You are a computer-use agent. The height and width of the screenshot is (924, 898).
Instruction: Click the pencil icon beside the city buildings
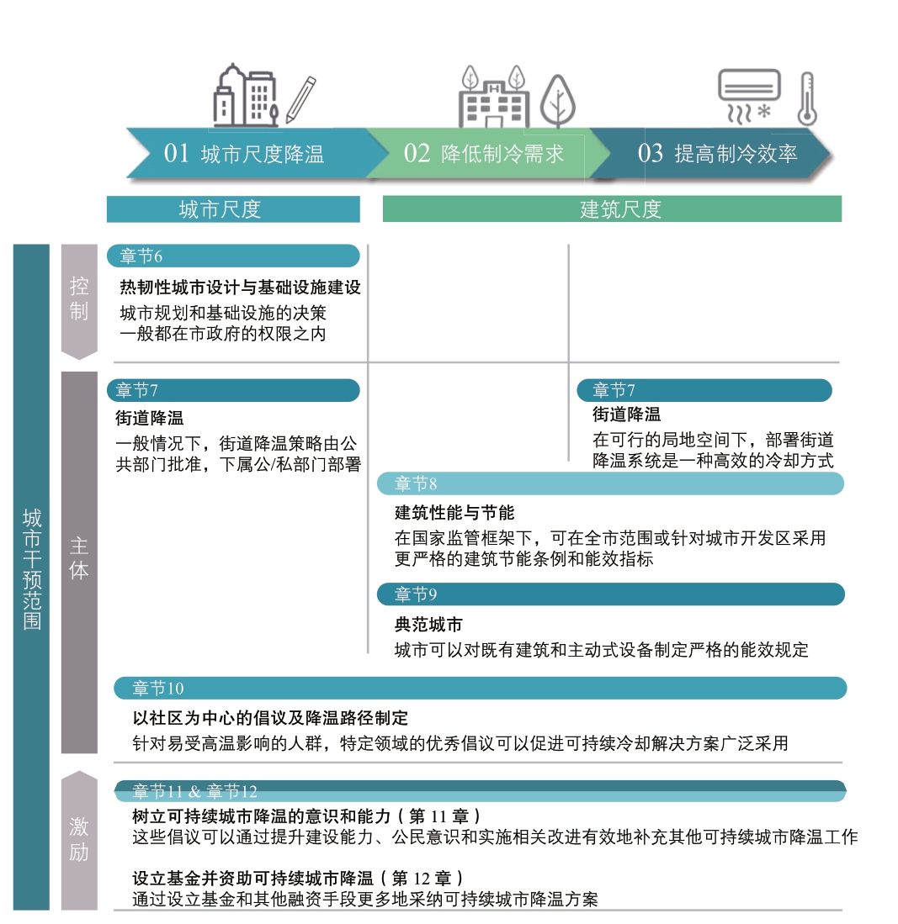click(x=301, y=99)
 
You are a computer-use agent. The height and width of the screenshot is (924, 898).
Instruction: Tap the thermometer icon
click(x=806, y=99)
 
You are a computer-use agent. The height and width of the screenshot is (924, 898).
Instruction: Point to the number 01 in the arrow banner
click(x=177, y=153)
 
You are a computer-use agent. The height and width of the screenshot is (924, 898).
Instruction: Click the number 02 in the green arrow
click(x=417, y=153)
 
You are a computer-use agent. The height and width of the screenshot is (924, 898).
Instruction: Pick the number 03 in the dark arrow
click(x=651, y=153)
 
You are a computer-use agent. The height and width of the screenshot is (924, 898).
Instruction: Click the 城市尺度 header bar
click(x=233, y=209)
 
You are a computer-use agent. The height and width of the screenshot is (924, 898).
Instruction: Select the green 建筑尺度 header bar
click(x=612, y=209)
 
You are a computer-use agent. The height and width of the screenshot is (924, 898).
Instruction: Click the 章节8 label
click(x=416, y=483)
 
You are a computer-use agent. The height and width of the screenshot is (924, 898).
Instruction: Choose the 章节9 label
click(x=416, y=594)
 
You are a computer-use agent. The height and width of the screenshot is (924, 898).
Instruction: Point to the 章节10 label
click(x=158, y=689)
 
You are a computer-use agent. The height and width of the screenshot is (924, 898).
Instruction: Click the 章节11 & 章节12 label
click(x=194, y=791)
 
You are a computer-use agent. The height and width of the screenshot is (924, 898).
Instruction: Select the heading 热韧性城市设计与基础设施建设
click(x=240, y=287)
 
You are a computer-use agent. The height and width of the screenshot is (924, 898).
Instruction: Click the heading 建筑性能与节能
click(x=454, y=513)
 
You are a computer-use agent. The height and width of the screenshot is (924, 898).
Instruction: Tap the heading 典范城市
click(x=428, y=625)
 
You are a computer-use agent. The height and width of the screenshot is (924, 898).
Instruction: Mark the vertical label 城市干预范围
click(x=32, y=569)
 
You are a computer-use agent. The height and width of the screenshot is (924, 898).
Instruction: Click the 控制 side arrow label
click(x=79, y=298)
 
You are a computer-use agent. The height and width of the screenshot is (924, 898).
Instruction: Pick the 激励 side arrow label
click(x=79, y=839)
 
